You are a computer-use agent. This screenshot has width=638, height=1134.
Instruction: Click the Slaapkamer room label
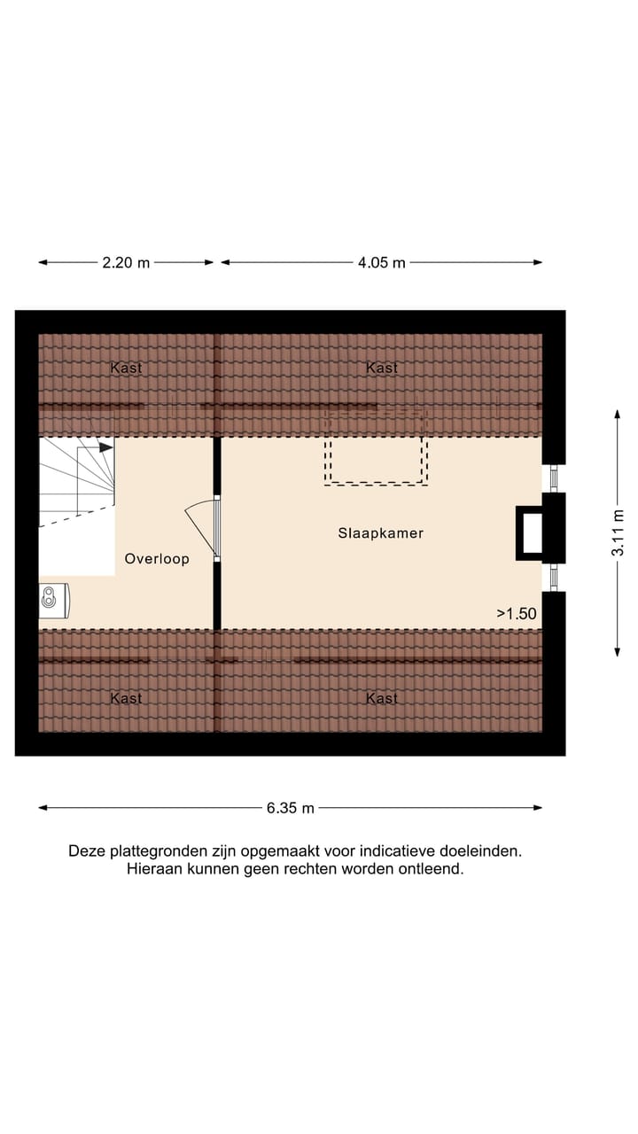(x=381, y=533)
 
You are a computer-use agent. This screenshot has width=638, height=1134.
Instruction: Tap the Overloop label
(x=157, y=559)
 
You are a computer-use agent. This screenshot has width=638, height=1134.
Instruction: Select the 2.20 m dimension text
(x=126, y=262)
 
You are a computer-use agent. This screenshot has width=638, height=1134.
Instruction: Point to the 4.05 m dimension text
(x=382, y=262)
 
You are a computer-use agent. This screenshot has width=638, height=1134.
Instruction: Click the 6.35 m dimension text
(x=291, y=808)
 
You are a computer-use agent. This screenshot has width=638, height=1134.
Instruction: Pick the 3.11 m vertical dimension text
(x=618, y=532)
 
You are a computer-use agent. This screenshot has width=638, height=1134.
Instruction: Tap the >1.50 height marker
(x=517, y=612)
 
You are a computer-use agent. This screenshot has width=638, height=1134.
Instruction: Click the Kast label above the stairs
(x=126, y=368)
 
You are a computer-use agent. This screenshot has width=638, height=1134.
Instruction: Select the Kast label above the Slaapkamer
(x=382, y=368)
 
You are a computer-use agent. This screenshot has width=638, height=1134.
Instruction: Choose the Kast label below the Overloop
(x=126, y=698)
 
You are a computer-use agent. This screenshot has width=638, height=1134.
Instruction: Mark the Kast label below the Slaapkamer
(x=382, y=698)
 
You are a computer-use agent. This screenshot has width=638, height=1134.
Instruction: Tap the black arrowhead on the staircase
(x=106, y=448)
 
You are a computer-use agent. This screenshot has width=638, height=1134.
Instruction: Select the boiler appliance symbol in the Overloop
(x=54, y=601)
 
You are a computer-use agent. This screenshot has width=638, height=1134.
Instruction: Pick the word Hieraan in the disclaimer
(x=153, y=869)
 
